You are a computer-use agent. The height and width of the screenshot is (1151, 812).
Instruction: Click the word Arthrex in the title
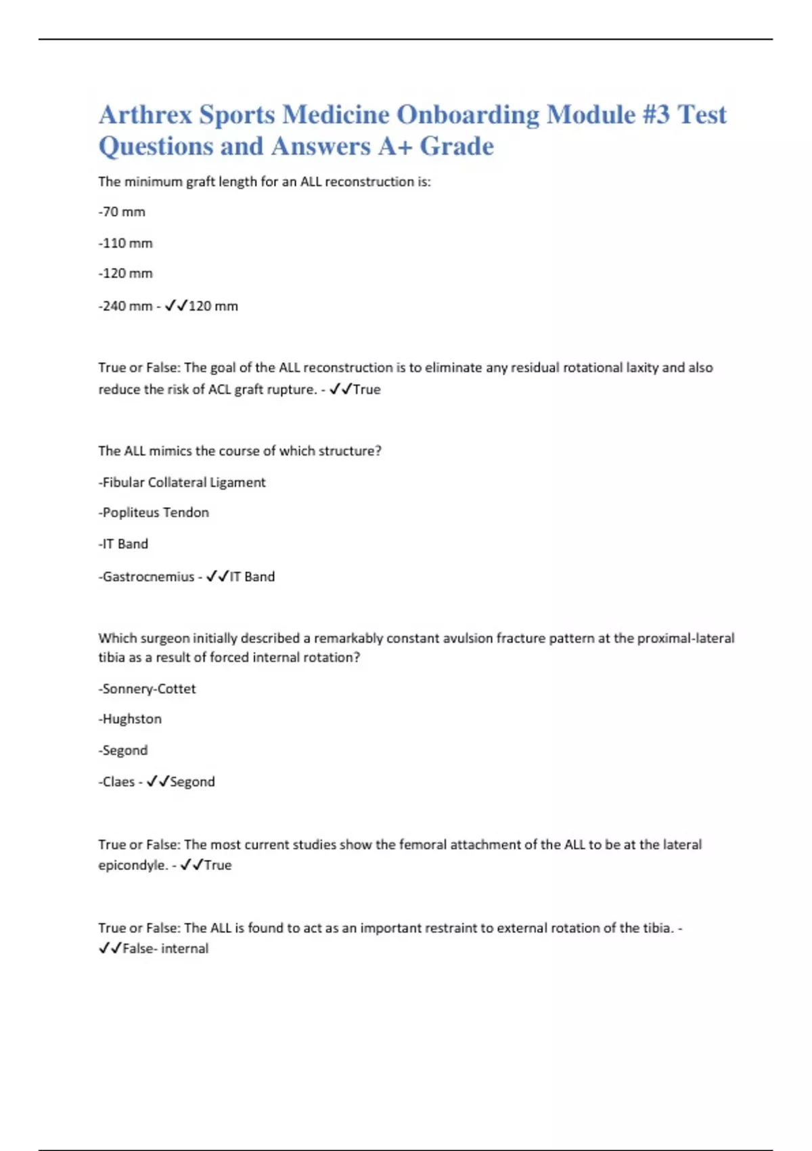click(x=145, y=115)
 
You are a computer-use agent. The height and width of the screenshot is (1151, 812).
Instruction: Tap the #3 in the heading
click(x=656, y=115)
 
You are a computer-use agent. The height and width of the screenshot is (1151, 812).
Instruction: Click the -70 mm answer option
click(x=122, y=212)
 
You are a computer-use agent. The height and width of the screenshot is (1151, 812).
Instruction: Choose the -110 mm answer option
click(x=125, y=243)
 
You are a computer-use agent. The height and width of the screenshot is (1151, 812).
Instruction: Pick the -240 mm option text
click(x=125, y=306)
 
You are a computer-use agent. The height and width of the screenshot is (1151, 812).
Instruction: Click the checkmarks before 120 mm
click(x=176, y=306)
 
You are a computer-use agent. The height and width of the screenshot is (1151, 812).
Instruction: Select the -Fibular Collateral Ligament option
click(x=182, y=482)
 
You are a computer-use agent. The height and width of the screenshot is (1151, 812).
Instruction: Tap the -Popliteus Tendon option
click(x=154, y=513)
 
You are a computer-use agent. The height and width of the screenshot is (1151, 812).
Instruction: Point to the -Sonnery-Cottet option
click(x=147, y=689)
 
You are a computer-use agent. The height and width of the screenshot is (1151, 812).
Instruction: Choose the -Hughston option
click(x=130, y=719)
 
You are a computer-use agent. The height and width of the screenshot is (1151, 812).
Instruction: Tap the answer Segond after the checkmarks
click(x=192, y=782)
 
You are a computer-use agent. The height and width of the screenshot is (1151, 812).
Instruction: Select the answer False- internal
click(x=165, y=949)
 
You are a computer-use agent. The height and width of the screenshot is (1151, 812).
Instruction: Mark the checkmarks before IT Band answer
click(x=217, y=577)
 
